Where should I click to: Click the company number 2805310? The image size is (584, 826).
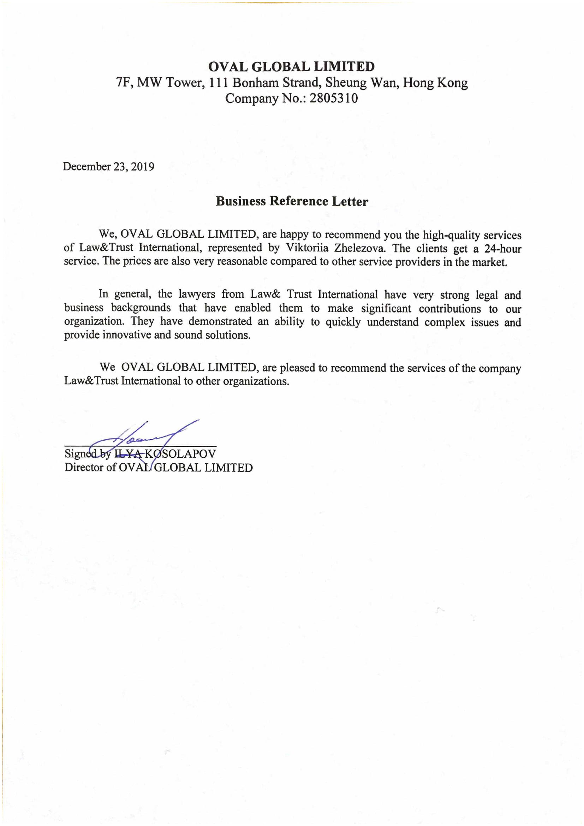tap(334, 98)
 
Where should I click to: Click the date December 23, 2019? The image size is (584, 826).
tap(109, 167)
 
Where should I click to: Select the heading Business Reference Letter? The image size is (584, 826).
tap(292, 201)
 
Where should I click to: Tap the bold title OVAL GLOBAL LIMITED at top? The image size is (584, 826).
tap(292, 66)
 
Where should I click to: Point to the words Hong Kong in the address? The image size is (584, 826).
tap(435, 83)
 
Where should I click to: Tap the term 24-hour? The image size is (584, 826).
tap(503, 249)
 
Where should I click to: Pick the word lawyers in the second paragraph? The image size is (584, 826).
tap(197, 294)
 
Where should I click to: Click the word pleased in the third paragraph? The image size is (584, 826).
tap(296, 368)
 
